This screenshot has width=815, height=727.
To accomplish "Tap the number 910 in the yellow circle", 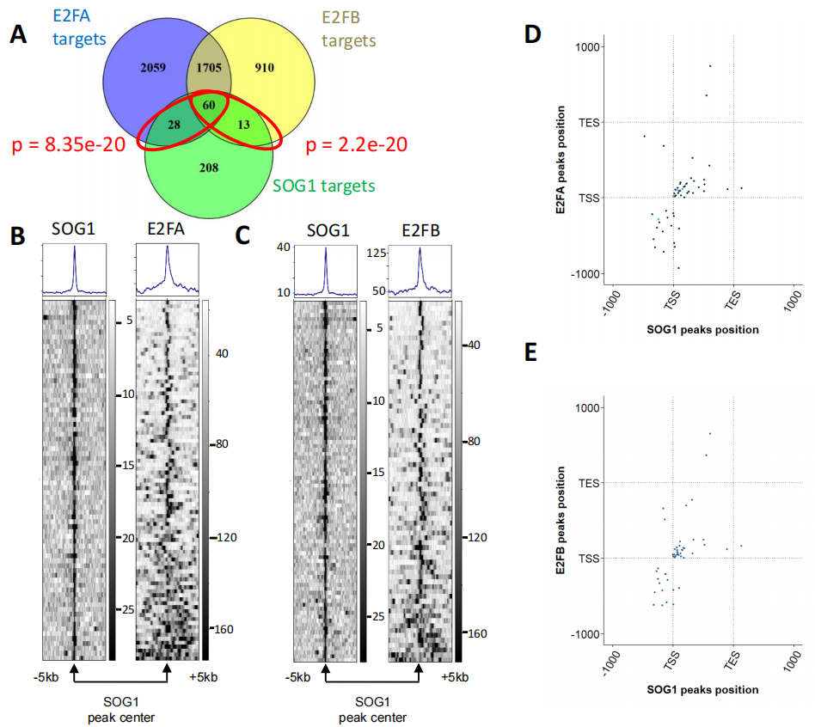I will click(265, 66).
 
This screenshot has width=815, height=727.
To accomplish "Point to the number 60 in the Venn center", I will click(209, 104).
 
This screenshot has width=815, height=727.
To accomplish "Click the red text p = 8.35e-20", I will click(65, 145).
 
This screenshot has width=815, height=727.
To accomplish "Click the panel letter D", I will click(532, 34).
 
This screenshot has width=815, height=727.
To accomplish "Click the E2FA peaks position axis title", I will click(561, 159).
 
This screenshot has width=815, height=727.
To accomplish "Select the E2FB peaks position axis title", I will click(561, 520).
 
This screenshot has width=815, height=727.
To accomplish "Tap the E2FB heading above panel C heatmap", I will click(420, 229).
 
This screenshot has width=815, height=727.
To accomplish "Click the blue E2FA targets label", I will click(79, 27).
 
